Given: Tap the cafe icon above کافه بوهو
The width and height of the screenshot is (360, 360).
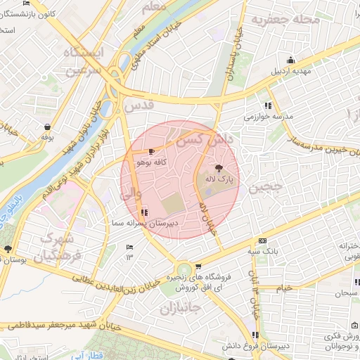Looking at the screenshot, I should (x=152, y=151).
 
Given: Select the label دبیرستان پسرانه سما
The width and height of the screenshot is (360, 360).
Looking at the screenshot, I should (x=146, y=222).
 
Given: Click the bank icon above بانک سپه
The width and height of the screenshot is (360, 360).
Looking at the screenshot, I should (x=263, y=240).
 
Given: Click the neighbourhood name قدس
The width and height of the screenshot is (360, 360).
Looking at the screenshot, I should (x=138, y=106).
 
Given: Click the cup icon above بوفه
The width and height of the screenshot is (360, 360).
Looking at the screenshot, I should (x=46, y=127).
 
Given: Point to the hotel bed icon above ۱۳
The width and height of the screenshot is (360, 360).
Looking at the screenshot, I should (x=129, y=247).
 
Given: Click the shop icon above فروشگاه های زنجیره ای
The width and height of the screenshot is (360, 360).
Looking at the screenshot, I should (x=199, y=266).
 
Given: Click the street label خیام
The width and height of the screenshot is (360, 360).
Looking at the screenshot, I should (x=284, y=288).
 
